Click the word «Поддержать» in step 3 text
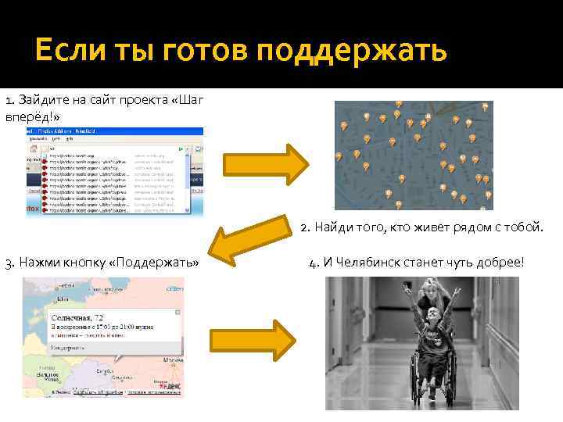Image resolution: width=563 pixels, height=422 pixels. [156, 262]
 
